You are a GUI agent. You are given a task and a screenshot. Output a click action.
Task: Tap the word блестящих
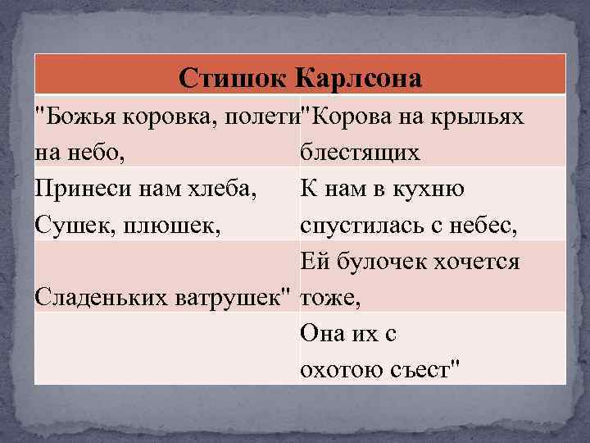(x=361, y=153)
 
